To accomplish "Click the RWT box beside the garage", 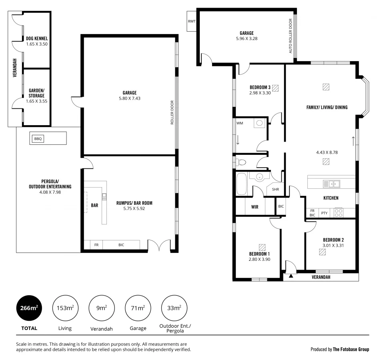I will click(191, 22).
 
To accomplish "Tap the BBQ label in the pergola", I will click(38, 139).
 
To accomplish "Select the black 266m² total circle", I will click(29, 308).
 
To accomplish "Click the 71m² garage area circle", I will click(138, 308).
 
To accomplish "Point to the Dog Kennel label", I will click(37, 38).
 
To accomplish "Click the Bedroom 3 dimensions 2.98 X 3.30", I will click(260, 93).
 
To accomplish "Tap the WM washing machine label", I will click(240, 123).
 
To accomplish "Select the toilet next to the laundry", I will click(241, 162).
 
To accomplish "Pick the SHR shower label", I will click(275, 190).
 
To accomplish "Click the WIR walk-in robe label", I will click(255, 207).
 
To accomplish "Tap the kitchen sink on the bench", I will click(331, 184).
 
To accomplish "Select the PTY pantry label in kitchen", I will click(324, 213).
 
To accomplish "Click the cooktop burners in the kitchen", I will click(338, 212).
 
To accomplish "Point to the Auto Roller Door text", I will click(291, 36).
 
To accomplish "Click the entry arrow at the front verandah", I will click(291, 276).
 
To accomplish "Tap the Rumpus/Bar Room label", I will click(134, 203).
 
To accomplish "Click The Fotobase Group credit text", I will click(351, 349).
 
